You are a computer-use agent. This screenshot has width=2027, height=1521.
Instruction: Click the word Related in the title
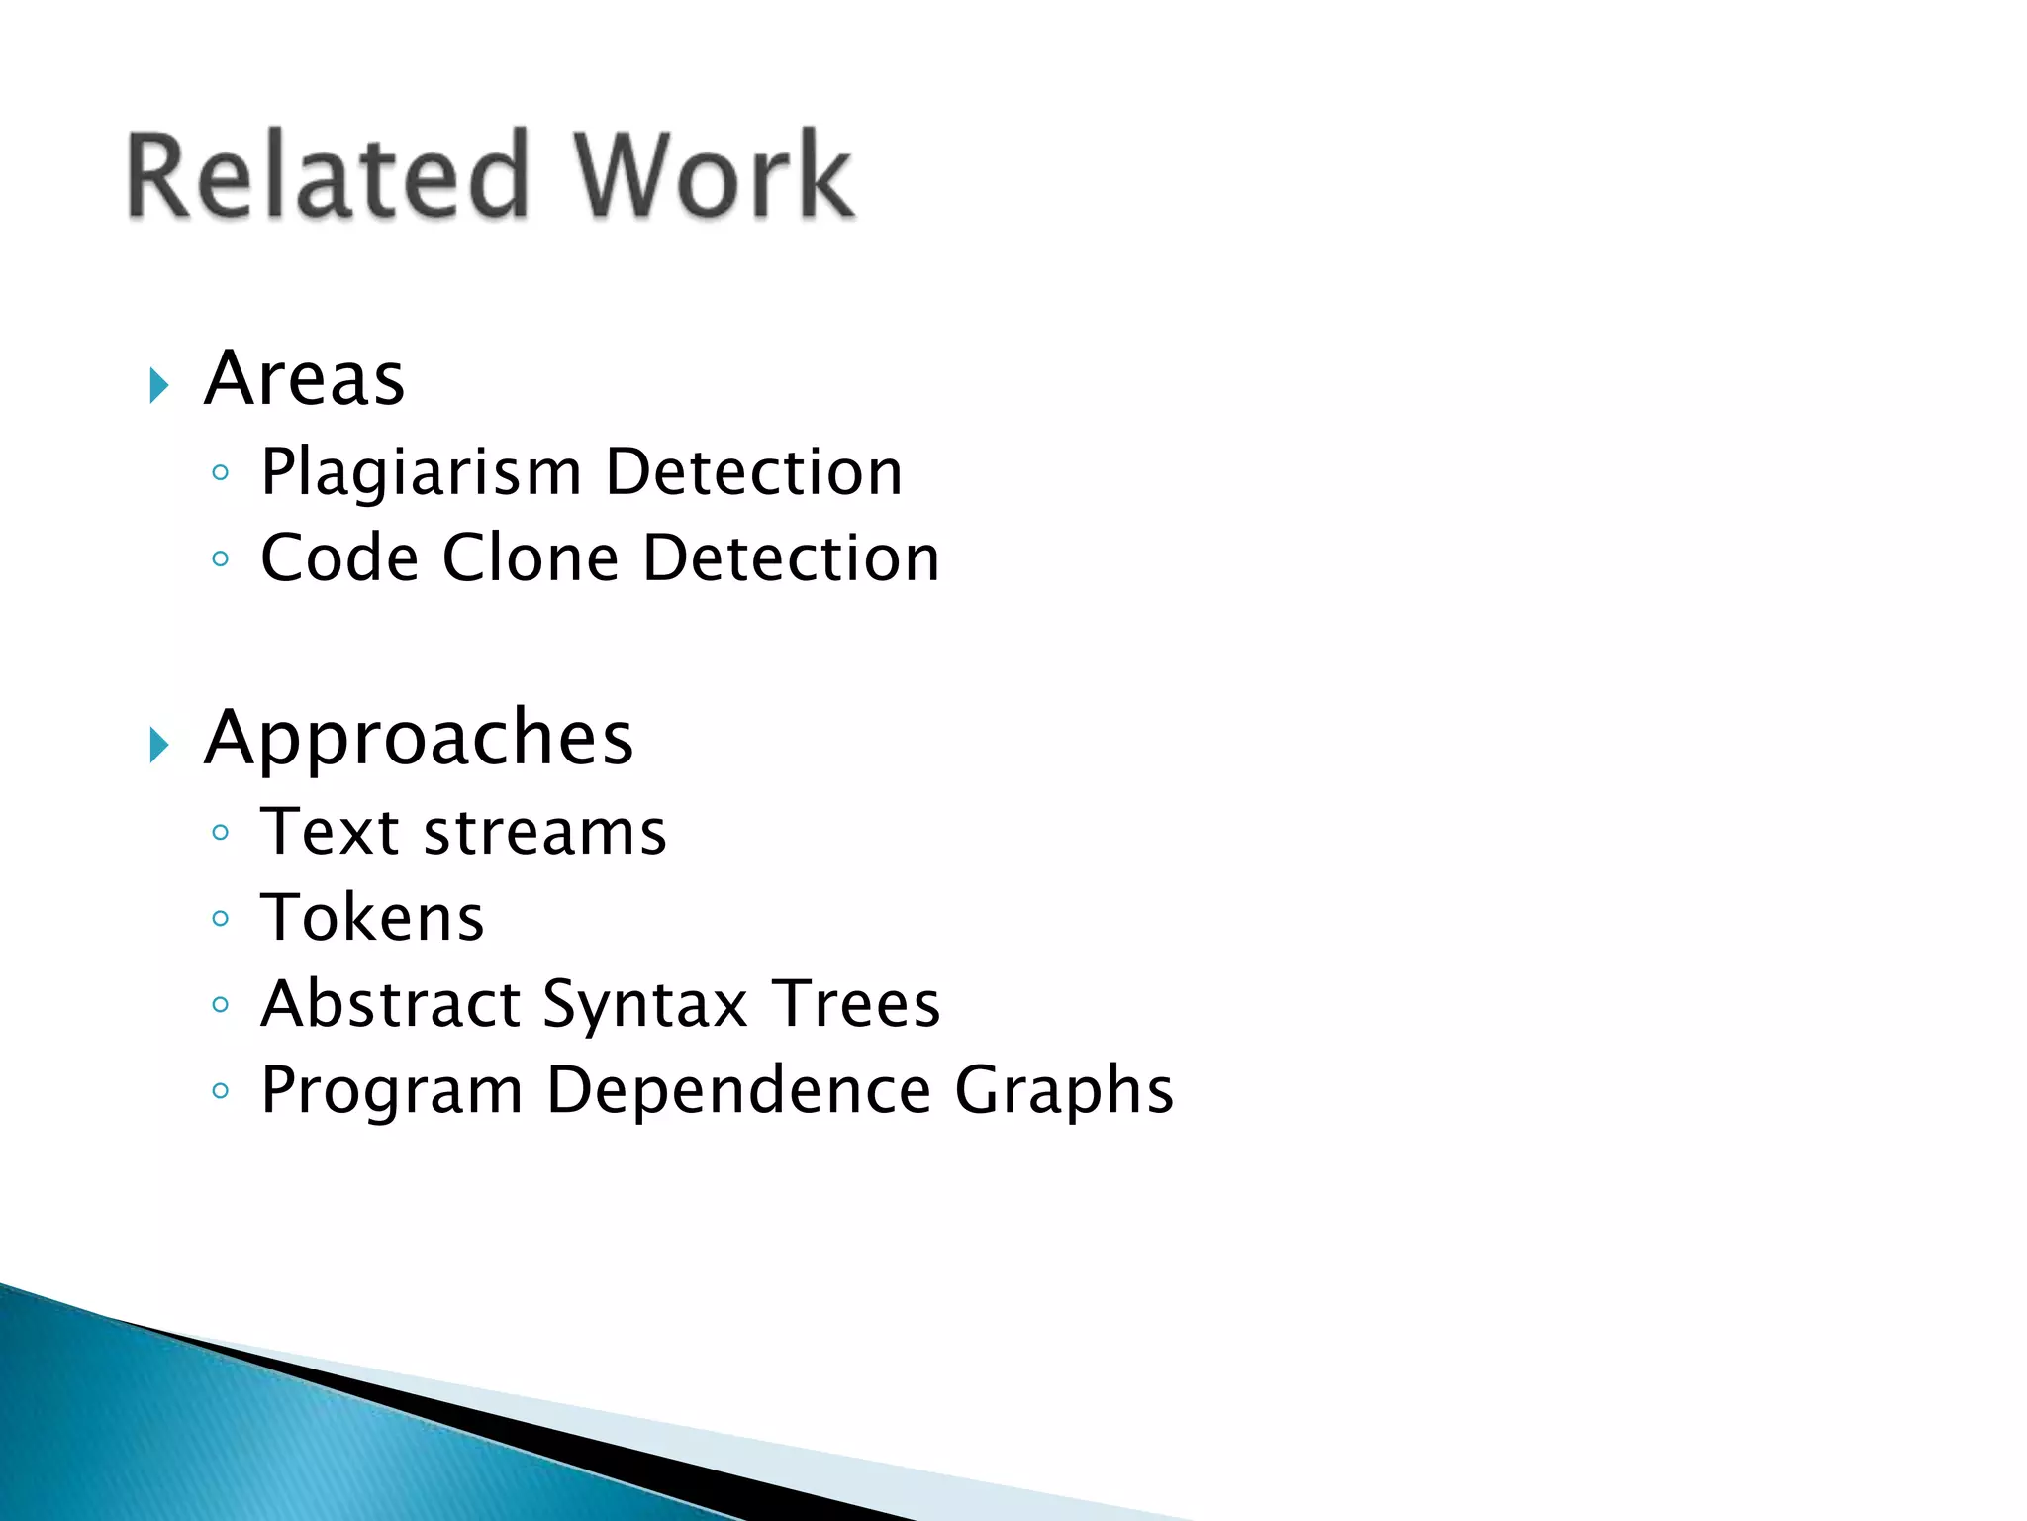pos(327,176)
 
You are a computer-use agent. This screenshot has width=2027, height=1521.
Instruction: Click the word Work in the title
pos(713,176)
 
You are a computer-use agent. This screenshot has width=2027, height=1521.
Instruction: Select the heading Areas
pos(305,379)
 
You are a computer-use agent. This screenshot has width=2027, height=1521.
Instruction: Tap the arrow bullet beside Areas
pos(159,385)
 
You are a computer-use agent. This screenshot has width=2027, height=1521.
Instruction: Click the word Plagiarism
pos(421,472)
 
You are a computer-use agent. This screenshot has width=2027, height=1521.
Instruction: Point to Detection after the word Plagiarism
pos(753,472)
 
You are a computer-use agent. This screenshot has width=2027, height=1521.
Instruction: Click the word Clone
pos(531,558)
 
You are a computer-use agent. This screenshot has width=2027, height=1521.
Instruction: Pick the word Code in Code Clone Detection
pos(339,558)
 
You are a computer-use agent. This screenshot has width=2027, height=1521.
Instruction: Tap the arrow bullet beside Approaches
pos(159,745)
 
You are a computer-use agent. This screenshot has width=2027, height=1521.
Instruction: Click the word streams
pos(545,832)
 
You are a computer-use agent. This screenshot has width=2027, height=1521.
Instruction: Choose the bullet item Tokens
pos(372,918)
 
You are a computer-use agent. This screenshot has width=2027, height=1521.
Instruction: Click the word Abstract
pos(391,1004)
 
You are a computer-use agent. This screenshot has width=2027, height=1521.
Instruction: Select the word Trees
pos(856,1004)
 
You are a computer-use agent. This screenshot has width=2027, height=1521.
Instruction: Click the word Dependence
pos(738,1090)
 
